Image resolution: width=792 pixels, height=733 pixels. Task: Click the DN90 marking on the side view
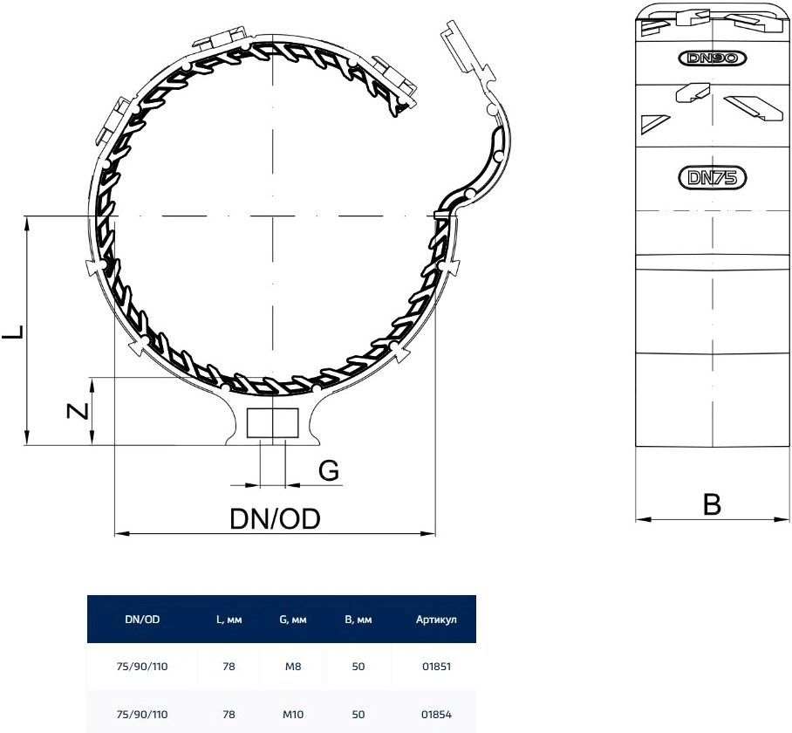(x=712, y=58)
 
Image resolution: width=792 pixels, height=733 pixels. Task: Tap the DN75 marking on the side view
(x=712, y=178)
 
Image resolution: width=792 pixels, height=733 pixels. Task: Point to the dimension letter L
(x=13, y=332)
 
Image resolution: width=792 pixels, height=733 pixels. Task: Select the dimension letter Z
(x=79, y=411)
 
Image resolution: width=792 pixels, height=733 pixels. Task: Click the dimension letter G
(x=329, y=470)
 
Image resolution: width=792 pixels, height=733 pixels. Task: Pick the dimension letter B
(x=713, y=504)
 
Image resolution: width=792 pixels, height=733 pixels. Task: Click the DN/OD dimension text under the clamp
(x=276, y=518)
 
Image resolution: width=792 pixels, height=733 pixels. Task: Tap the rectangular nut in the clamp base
(x=273, y=423)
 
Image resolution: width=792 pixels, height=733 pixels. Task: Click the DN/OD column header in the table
(x=142, y=620)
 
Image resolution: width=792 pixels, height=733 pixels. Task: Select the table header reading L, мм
(x=229, y=620)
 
